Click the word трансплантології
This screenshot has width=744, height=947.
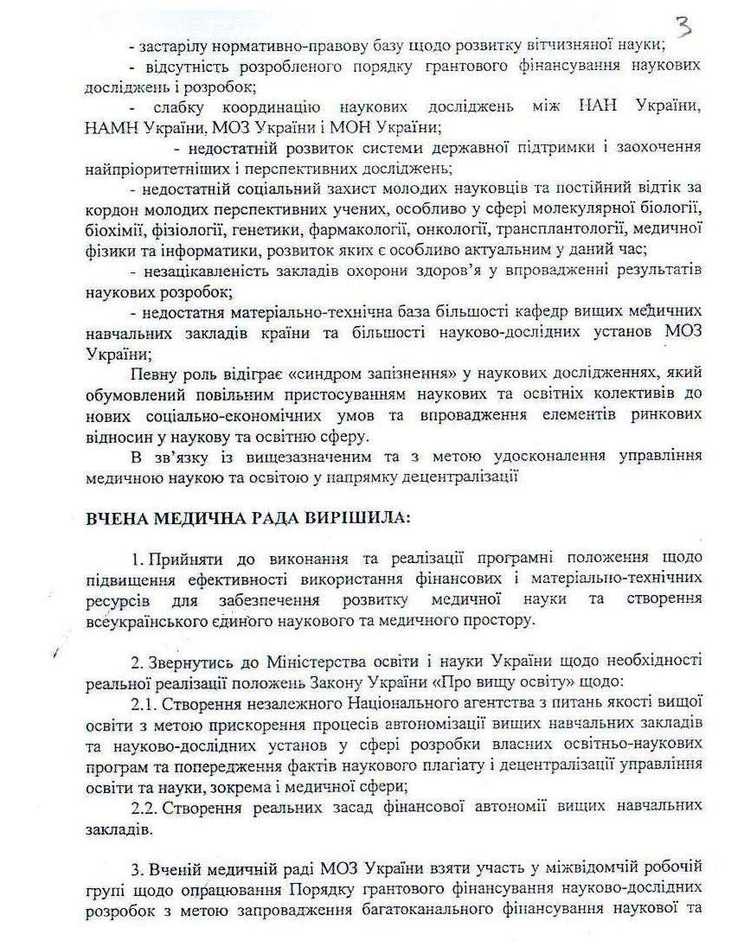coord(555,231)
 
